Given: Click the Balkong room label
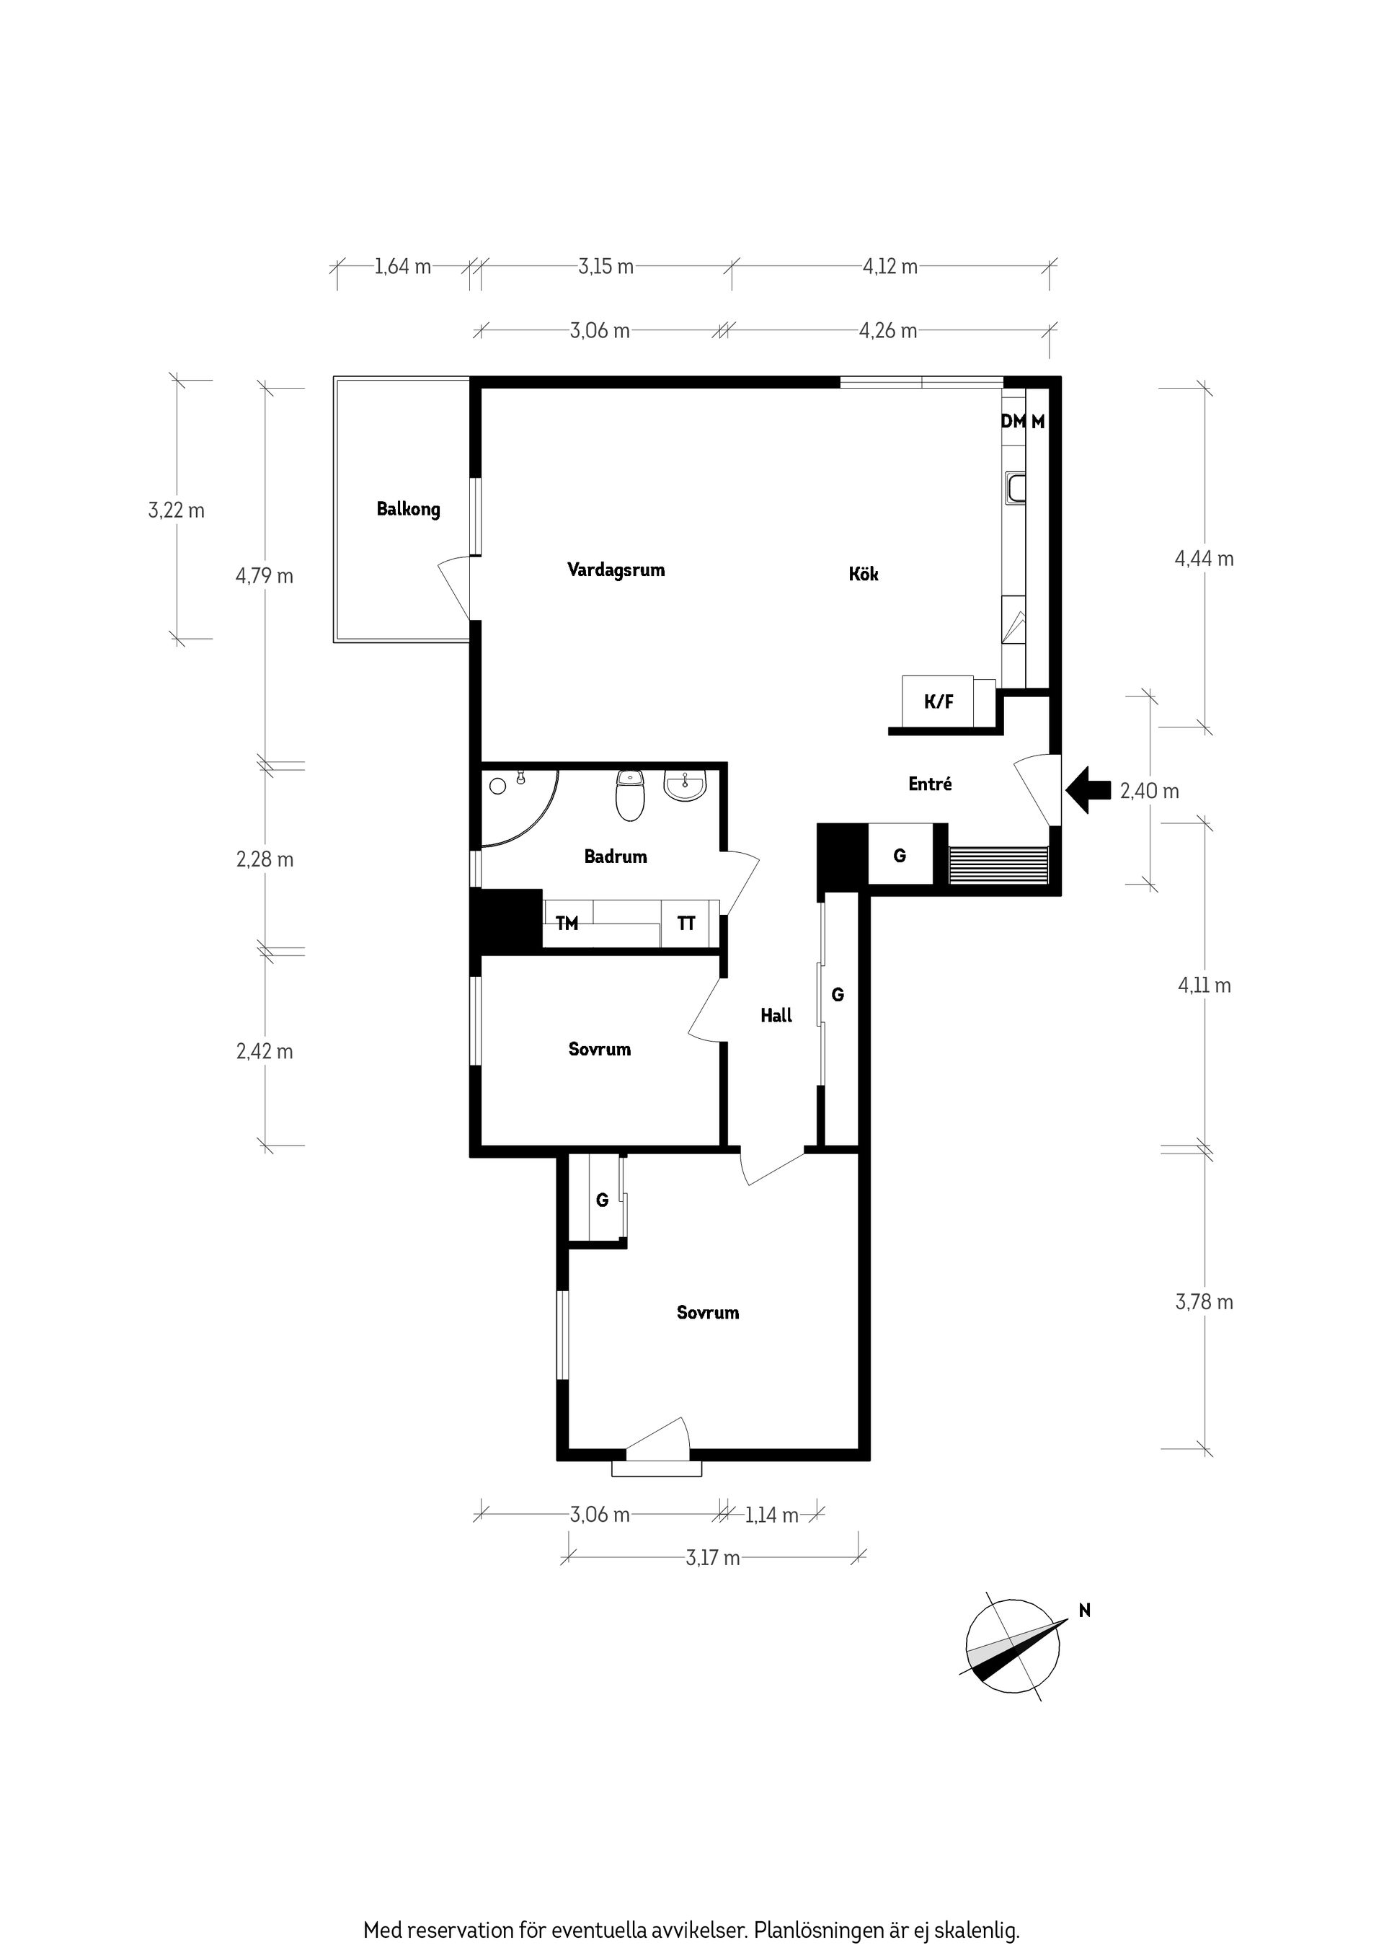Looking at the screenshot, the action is (x=409, y=509).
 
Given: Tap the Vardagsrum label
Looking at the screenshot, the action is (x=616, y=570).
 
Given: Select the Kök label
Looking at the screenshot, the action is (x=863, y=574).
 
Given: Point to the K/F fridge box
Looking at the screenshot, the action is (x=939, y=702).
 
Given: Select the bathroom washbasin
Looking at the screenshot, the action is (x=685, y=787).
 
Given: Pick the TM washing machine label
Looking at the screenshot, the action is (x=567, y=923).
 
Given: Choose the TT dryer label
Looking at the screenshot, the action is (x=686, y=923).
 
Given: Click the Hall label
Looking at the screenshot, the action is (x=776, y=1015).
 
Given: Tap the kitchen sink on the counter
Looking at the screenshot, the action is (x=1016, y=488).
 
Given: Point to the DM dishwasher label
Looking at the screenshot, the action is (x=1013, y=421).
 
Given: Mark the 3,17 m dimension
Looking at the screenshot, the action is (x=713, y=1558).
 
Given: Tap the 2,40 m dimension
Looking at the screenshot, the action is (x=1150, y=792).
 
